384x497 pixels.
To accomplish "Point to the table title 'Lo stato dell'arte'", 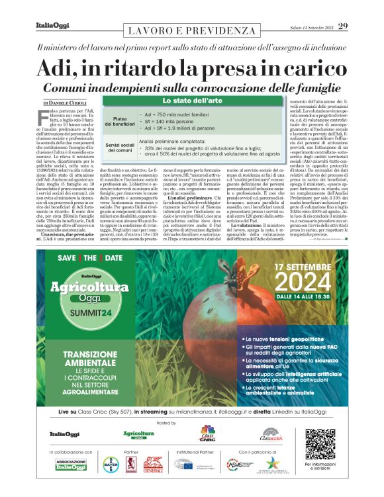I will [184, 101].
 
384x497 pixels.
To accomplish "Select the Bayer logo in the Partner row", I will [111, 465].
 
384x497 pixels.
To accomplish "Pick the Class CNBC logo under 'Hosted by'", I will [207, 433].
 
